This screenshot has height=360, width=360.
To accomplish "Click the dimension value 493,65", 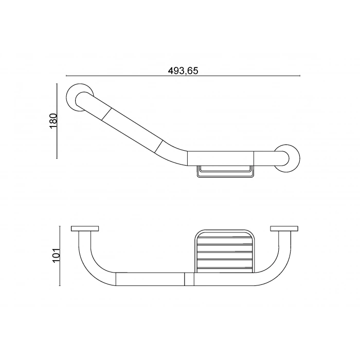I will [x=183, y=71].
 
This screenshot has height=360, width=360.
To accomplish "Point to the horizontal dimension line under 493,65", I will [x=183, y=77].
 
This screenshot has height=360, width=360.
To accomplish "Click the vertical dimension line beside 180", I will [x=57, y=121].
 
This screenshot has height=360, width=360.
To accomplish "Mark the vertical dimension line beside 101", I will [x=61, y=256].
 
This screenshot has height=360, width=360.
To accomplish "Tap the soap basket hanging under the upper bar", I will [x=225, y=171].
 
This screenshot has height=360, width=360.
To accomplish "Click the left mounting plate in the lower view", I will [x=85, y=229].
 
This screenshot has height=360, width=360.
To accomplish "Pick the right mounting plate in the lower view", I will [x=283, y=229].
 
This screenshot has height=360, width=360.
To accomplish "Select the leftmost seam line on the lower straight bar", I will [x=116, y=279].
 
